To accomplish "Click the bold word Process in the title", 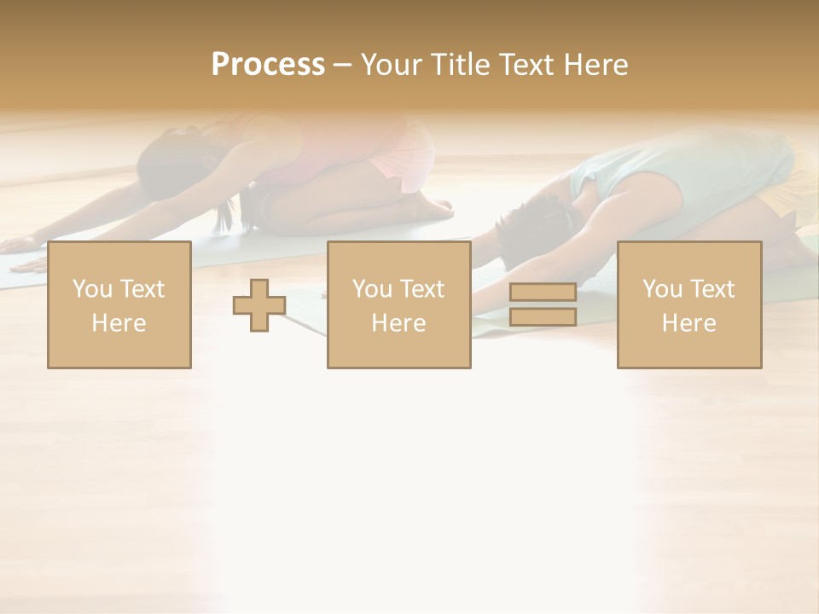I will click(268, 65).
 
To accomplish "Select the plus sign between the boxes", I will click(259, 305).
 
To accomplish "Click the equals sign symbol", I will click(543, 304).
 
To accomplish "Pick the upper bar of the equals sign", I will click(543, 293).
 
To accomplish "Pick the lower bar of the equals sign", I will click(543, 316).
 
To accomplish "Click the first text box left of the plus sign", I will click(119, 304).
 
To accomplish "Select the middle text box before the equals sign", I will click(398, 304).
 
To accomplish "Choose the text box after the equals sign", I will click(688, 304).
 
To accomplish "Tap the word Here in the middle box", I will click(398, 322).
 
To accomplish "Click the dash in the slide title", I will click(343, 66).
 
